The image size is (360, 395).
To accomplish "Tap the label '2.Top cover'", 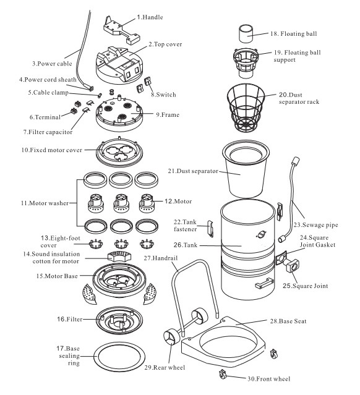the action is [165, 45].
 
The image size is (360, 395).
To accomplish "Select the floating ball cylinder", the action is [246, 34].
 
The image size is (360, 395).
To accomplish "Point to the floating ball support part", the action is [246, 63].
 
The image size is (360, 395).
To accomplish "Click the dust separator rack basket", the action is [246, 108].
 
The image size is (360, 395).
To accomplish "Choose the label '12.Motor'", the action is [178, 202].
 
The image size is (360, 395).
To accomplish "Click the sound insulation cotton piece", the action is [119, 256].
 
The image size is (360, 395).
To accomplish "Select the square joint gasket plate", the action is [281, 258].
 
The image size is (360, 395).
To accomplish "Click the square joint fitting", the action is [293, 266].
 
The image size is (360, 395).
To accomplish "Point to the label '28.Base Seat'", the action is [288, 321].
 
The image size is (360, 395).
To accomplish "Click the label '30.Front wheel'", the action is [268, 379].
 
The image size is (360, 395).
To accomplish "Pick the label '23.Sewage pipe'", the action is [315, 225].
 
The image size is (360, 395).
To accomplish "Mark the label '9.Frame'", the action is [168, 115].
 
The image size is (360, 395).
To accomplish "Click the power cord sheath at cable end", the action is [90, 88].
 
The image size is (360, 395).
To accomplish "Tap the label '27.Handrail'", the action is [161, 258].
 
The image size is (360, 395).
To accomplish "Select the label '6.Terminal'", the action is [45, 117].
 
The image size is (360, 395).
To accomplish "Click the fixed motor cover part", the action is [119, 151].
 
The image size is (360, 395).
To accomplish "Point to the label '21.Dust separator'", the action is [193, 171].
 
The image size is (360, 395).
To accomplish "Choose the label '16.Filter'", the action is [69, 319].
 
